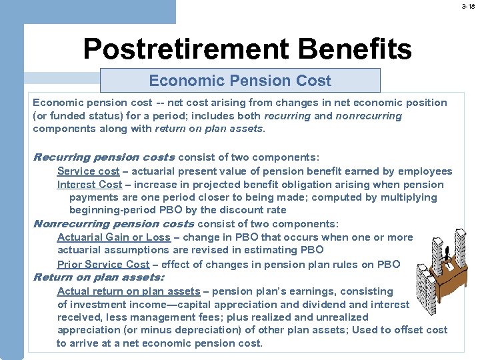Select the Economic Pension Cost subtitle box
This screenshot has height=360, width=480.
[240, 81]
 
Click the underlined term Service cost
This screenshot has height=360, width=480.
[88, 171]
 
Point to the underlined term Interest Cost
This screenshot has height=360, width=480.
[89, 185]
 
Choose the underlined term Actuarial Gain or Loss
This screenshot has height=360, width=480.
[113, 237]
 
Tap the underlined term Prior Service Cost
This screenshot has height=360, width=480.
[103, 264]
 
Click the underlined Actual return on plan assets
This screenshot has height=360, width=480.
[128, 291]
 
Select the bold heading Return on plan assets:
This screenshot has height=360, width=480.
[99, 277]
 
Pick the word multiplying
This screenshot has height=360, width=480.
[408, 197]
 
